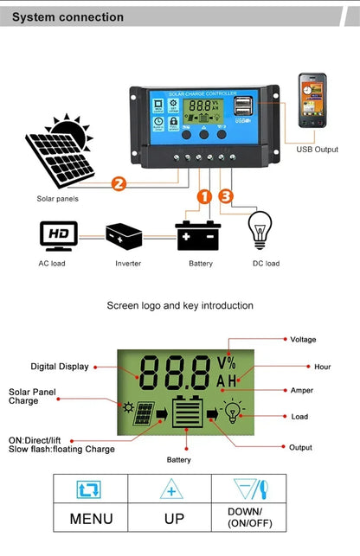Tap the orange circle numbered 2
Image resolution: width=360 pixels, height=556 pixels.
point(119,183)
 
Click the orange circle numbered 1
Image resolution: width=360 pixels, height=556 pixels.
point(204,196)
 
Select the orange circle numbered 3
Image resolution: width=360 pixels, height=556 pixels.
point(227,196)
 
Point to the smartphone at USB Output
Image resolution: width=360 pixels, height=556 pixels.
point(312,100)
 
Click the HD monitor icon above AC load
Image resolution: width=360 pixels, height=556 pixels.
point(59,234)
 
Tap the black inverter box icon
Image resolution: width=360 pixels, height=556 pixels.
point(124,234)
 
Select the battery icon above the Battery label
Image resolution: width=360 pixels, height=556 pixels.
point(198,235)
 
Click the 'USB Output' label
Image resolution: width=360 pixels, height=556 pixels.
point(317,150)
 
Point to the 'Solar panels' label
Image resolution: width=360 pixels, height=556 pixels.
point(57,199)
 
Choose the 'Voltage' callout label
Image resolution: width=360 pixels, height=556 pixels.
point(303,340)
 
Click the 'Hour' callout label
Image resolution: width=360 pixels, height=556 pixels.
point(322,367)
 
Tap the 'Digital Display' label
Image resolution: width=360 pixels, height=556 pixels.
point(60,367)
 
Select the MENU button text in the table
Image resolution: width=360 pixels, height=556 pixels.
point(91,519)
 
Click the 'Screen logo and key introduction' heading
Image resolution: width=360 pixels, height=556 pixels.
point(180,305)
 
